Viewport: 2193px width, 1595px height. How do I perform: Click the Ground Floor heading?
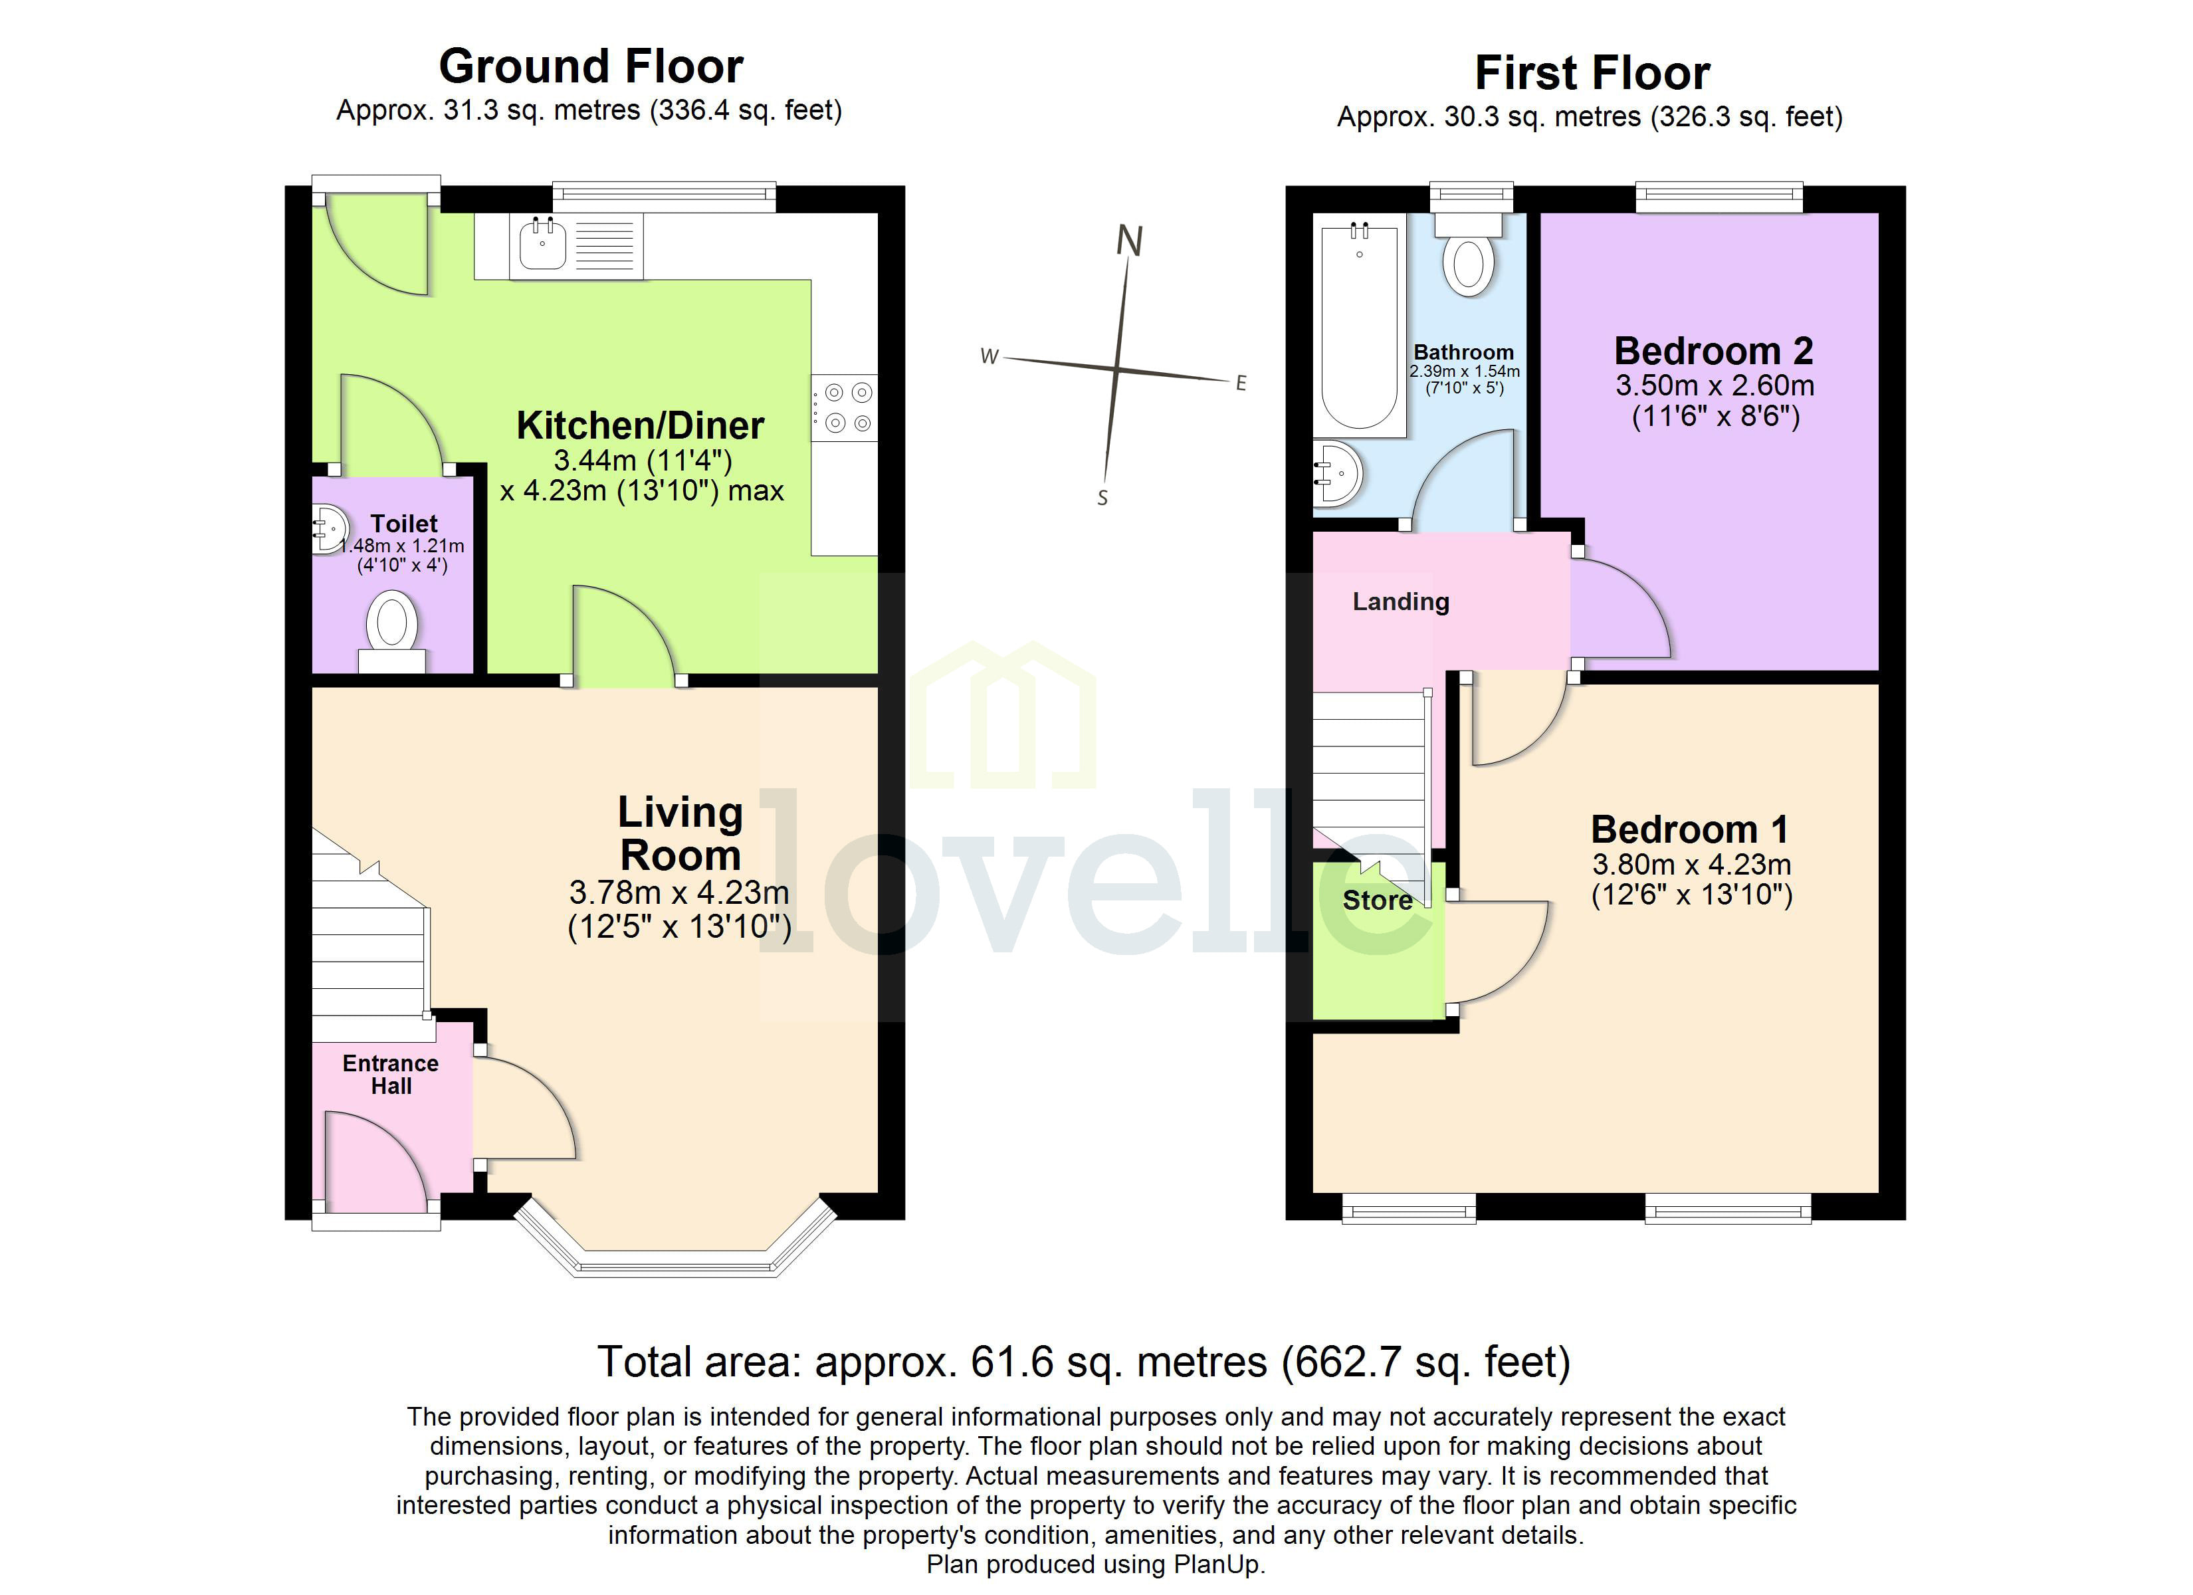[591, 66]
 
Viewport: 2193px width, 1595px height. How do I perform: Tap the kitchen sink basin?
[542, 246]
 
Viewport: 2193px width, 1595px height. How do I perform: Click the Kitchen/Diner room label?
[640, 425]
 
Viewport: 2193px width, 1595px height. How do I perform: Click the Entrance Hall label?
[391, 1075]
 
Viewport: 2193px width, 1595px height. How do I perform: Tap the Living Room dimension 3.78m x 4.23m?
[679, 892]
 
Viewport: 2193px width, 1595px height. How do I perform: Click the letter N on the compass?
[1129, 241]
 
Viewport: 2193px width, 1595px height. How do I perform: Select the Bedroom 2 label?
[1713, 350]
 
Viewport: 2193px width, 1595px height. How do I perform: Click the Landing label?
[1400, 601]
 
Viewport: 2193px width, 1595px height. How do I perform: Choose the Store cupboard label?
[1377, 901]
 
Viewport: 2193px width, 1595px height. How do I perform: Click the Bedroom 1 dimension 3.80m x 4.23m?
[1692, 864]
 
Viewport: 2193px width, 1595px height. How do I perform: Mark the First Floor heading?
[1592, 74]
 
